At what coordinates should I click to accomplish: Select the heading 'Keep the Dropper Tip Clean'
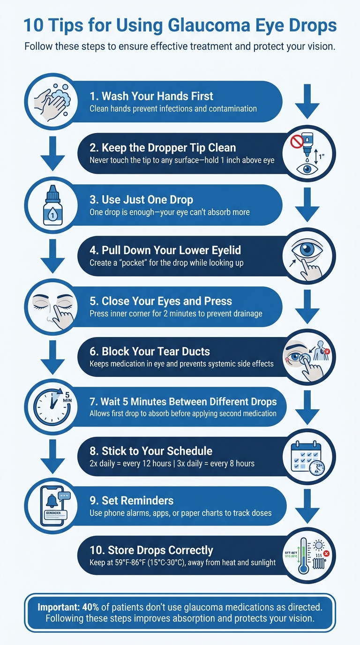point(163,148)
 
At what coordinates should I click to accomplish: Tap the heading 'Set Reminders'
point(131,500)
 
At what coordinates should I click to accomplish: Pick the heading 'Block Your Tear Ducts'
point(150,352)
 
